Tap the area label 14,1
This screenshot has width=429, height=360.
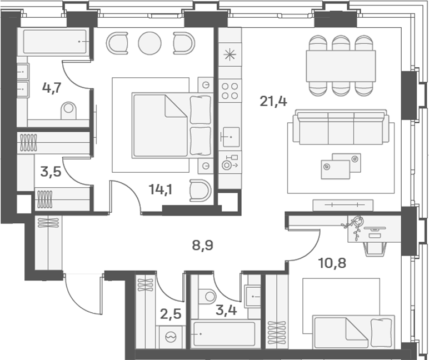(x=161, y=189)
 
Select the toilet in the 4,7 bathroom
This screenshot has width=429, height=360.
(x=68, y=109)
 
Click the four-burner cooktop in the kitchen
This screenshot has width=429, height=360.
(x=230, y=91)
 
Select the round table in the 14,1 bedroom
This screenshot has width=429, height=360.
(x=149, y=43)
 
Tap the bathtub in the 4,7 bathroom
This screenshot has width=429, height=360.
(x=53, y=42)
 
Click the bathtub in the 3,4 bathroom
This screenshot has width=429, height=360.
(x=223, y=334)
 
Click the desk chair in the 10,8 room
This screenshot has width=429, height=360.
(x=376, y=246)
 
